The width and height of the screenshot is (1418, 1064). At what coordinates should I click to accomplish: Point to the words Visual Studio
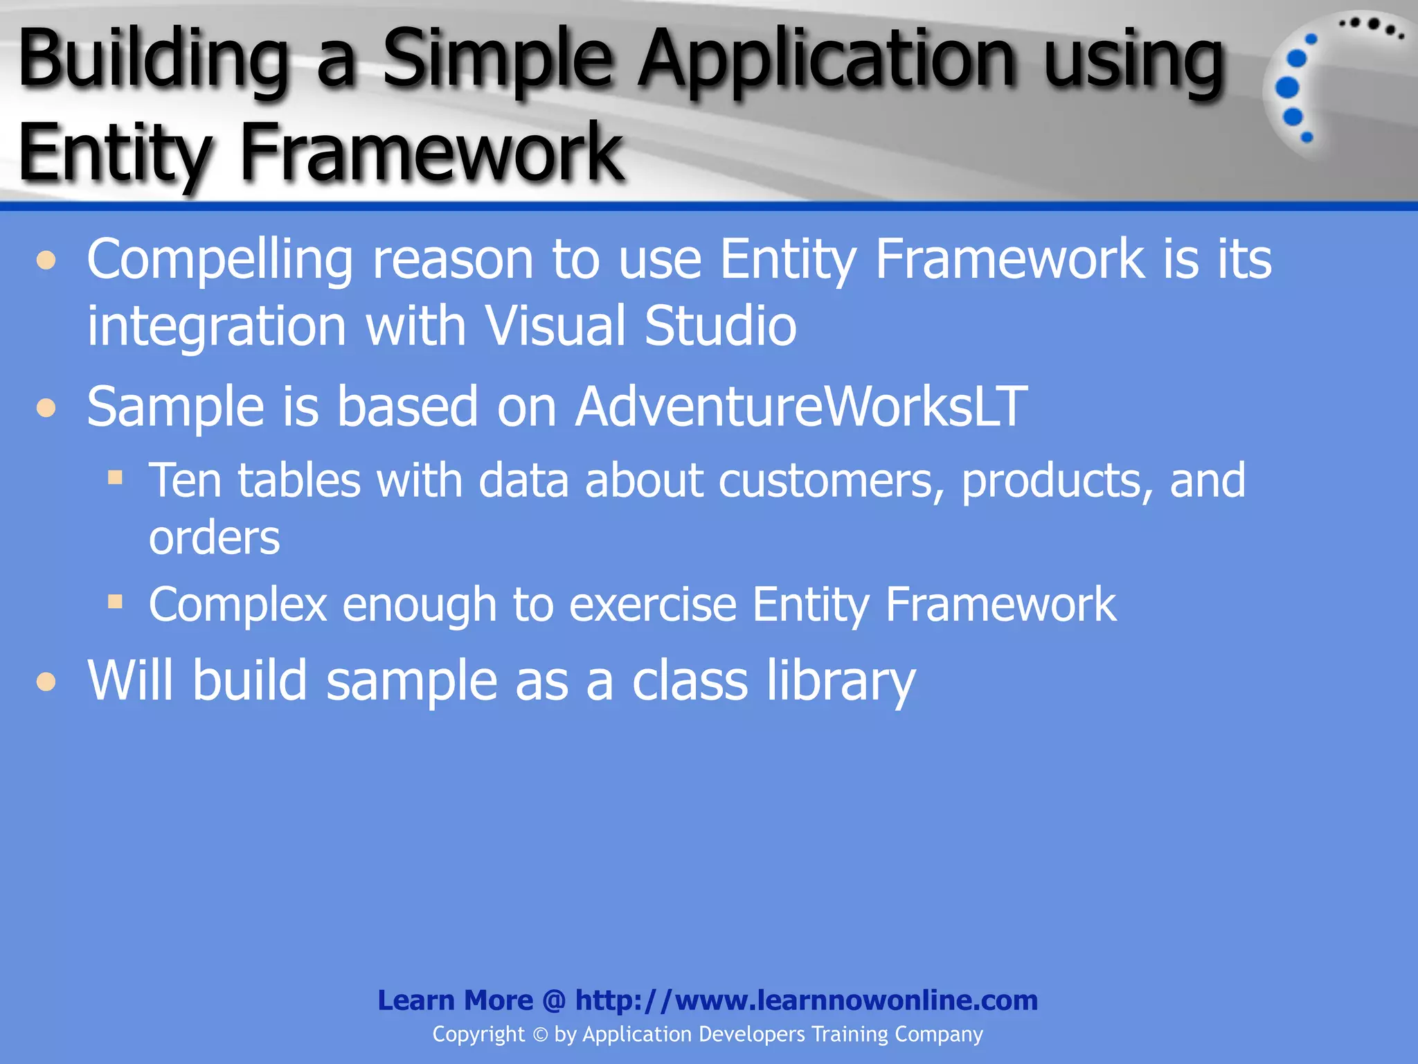[640, 326]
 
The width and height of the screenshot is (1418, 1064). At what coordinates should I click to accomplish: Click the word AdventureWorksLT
[801, 407]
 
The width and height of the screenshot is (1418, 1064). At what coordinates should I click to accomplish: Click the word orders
[215, 538]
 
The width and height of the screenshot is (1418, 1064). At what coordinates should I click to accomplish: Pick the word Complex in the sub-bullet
[237, 605]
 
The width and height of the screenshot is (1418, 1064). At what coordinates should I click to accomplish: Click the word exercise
[652, 605]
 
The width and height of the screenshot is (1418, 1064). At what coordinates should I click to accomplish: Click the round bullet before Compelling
[46, 261]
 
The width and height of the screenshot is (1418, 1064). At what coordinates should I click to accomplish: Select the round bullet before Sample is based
[46, 408]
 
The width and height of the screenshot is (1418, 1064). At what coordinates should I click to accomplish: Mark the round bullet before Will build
[46, 682]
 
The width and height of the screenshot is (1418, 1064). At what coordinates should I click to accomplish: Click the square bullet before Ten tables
[115, 477]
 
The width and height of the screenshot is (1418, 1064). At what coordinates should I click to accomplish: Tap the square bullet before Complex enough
[115, 601]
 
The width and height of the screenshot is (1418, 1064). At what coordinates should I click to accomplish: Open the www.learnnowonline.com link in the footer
[806, 1000]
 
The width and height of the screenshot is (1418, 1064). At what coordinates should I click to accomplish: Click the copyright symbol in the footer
[540, 1035]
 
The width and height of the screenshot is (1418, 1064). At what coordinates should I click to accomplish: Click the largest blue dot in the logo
[1287, 88]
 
